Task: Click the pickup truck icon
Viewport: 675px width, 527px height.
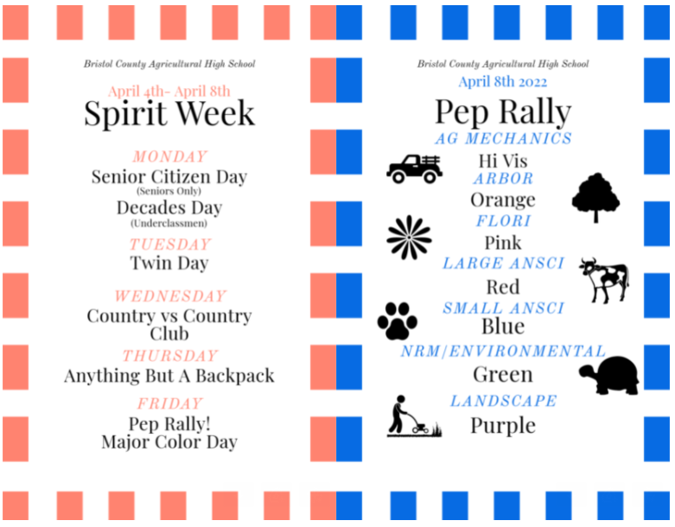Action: tap(414, 168)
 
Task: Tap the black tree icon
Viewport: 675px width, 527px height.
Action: tap(595, 198)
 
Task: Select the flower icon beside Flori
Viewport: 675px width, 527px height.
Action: tap(409, 238)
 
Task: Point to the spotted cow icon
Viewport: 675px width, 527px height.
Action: tap(604, 281)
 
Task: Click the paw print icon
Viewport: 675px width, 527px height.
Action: tap(398, 321)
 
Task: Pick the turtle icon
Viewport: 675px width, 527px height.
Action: tap(609, 375)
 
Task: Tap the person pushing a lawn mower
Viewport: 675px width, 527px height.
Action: tap(414, 416)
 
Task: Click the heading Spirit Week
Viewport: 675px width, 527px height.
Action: tap(169, 113)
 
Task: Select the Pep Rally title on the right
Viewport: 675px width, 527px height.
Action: tap(503, 111)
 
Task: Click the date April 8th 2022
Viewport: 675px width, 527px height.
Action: tap(503, 81)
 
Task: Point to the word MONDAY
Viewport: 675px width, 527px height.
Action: tap(170, 156)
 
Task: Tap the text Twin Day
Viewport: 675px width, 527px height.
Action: tap(169, 263)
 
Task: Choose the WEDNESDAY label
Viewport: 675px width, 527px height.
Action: tap(170, 296)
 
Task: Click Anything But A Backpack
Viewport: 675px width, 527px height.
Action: tap(169, 376)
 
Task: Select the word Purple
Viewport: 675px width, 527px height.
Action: tap(503, 426)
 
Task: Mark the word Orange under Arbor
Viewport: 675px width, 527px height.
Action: tap(503, 200)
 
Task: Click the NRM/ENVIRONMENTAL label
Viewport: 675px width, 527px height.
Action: tap(503, 352)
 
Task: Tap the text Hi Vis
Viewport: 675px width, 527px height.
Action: tap(503, 162)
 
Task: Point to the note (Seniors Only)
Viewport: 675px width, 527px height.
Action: tap(169, 191)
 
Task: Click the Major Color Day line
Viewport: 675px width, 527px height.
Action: tap(169, 442)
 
